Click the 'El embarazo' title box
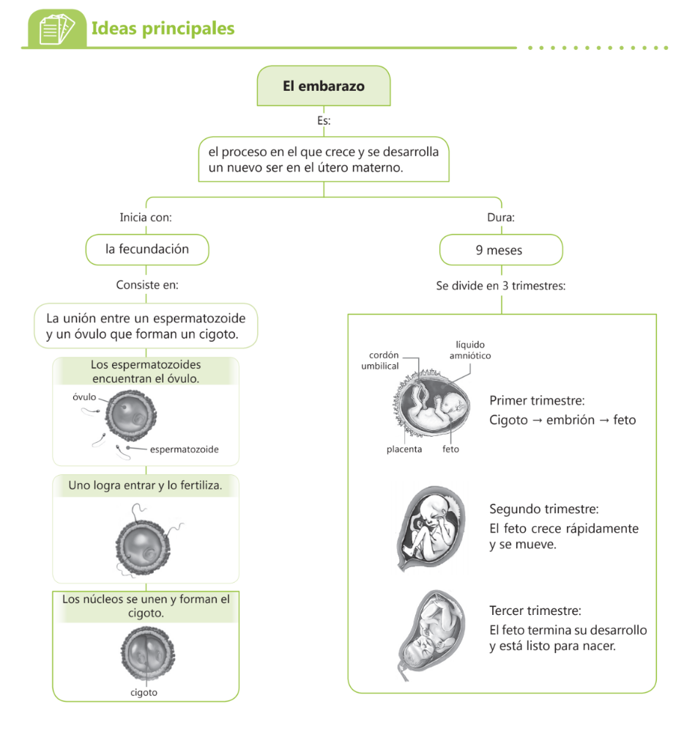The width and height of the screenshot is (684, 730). [324, 86]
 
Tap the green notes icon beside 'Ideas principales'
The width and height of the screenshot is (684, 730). [56, 29]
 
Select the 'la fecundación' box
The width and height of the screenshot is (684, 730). [147, 249]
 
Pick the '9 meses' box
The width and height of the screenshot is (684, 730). [500, 250]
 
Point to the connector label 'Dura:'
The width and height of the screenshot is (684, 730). [501, 218]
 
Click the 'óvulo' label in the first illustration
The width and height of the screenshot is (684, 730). [84, 397]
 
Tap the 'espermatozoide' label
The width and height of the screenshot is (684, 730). [184, 449]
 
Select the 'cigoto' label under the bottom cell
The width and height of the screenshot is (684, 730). [144, 692]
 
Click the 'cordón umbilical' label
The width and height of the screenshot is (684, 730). [380, 360]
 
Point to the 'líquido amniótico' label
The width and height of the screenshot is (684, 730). [469, 350]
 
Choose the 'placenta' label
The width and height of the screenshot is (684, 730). [404, 449]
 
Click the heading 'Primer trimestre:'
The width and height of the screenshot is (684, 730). [537, 401]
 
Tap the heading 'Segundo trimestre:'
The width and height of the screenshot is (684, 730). [544, 509]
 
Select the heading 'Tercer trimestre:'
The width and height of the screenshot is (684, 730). [535, 611]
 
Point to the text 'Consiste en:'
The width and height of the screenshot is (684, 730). [147, 285]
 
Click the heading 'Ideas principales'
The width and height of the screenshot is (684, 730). [163, 29]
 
